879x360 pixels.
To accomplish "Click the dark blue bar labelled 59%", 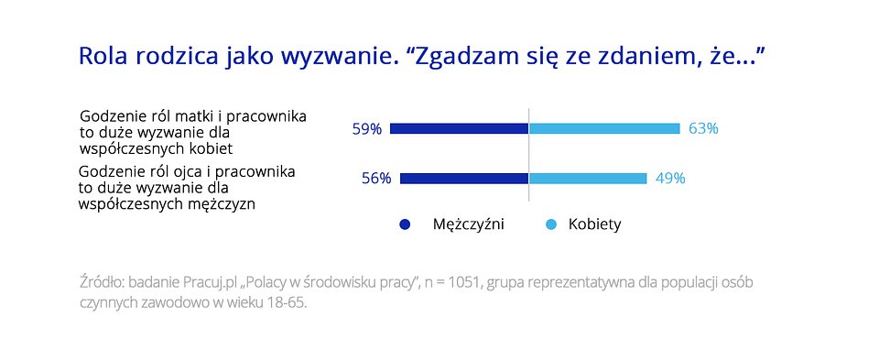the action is point(459,128).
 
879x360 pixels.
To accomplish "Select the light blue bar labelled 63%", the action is point(604,128).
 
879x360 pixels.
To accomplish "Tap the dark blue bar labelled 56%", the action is point(464,179).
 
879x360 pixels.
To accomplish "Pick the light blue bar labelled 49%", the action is point(588,179).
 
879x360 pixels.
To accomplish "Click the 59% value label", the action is point(366,129).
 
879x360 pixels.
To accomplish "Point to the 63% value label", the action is point(703,129).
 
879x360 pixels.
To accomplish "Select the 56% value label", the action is point(376,179).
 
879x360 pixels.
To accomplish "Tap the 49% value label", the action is point(670,179).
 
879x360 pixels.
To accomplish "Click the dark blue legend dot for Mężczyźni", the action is point(405,224).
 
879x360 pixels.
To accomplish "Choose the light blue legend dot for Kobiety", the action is point(551,224).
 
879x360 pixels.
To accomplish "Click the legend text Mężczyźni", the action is point(469,224).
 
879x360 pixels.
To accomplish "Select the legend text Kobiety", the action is point(595,224).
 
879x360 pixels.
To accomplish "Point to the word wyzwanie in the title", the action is point(339,57).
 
